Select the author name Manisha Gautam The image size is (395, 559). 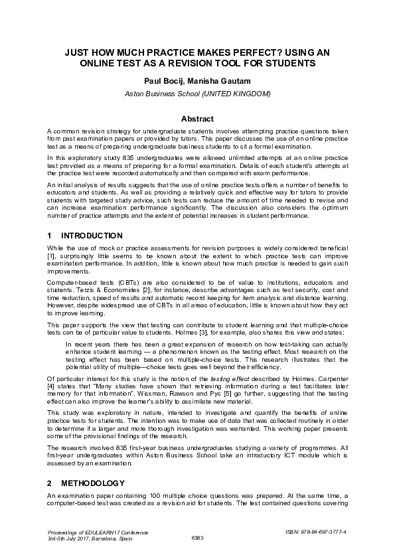coord(224,81)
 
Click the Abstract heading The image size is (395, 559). coord(198,119)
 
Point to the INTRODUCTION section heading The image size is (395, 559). coord(92,236)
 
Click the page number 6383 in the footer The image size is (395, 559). coord(198,538)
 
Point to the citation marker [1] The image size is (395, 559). coord(52,255)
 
